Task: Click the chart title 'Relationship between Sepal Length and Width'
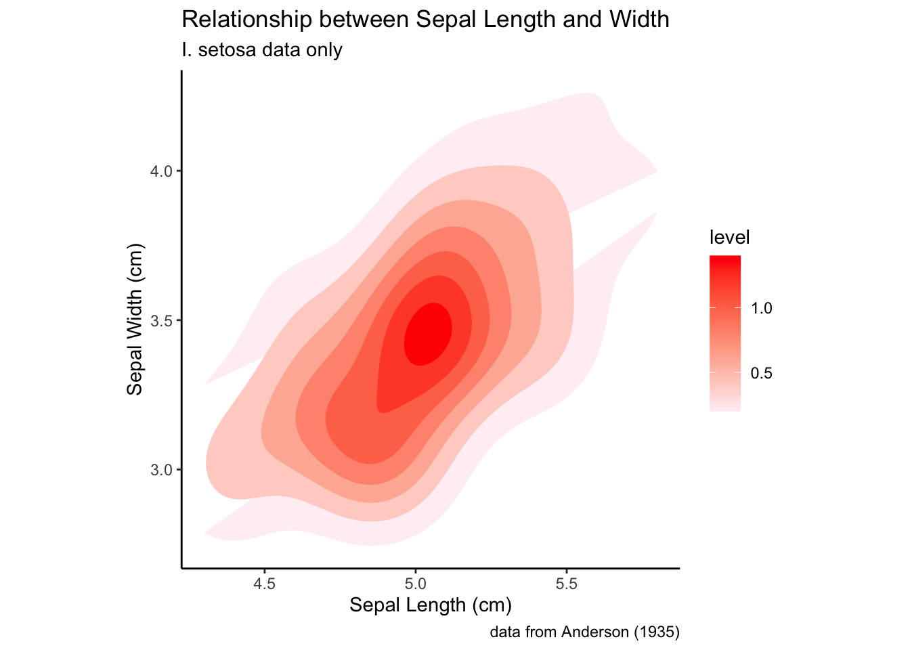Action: pos(425,20)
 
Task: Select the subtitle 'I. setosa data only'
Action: pos(262,50)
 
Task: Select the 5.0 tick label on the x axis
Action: pos(415,584)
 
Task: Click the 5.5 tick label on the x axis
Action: pos(566,584)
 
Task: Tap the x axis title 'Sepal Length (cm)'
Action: pos(430,605)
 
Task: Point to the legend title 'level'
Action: pos(729,238)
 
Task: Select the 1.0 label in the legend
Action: pos(762,309)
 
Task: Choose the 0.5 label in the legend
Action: pos(762,374)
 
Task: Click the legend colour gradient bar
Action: pos(724,333)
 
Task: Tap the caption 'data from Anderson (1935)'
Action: pos(584,632)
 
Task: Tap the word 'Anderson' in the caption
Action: pos(595,632)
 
